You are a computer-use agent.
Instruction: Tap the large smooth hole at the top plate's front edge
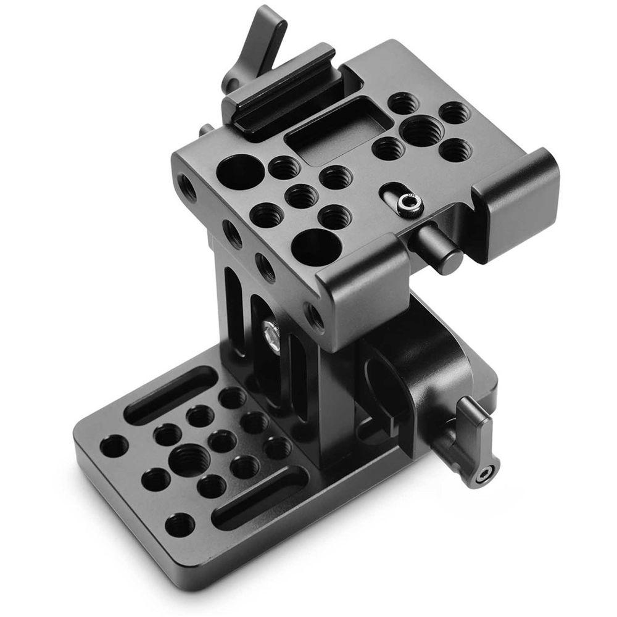tap(316, 246)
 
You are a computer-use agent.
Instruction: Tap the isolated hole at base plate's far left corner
tap(115, 445)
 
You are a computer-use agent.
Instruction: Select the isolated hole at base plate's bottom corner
tap(180, 525)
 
